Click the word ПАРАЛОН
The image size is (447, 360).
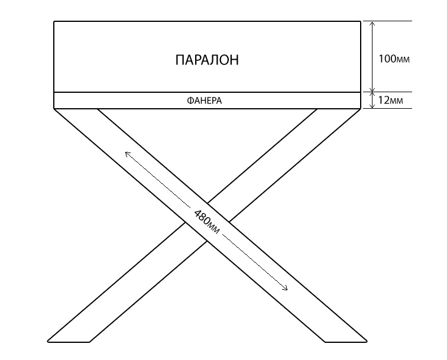(x=207, y=60)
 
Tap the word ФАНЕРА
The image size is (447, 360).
(x=205, y=100)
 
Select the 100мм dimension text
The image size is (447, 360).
(x=394, y=59)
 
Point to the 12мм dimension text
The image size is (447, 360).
(x=391, y=100)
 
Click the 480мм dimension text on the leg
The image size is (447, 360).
(x=207, y=222)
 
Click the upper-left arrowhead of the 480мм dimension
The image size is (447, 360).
(x=127, y=154)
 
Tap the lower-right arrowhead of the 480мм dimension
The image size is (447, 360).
(x=286, y=288)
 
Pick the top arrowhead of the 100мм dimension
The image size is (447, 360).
(x=372, y=24)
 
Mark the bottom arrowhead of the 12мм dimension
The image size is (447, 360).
(x=372, y=106)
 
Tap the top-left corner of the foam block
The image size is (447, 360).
(x=54, y=21)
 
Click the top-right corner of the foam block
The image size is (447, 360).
(x=361, y=21)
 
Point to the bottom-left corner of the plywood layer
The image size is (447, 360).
(x=54, y=109)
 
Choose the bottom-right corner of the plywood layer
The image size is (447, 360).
(x=361, y=109)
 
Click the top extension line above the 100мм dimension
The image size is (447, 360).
(x=388, y=21)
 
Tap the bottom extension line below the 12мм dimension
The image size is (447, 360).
(x=388, y=109)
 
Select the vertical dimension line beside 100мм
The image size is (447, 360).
(x=372, y=56)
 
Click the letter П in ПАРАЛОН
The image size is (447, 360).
(x=180, y=60)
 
